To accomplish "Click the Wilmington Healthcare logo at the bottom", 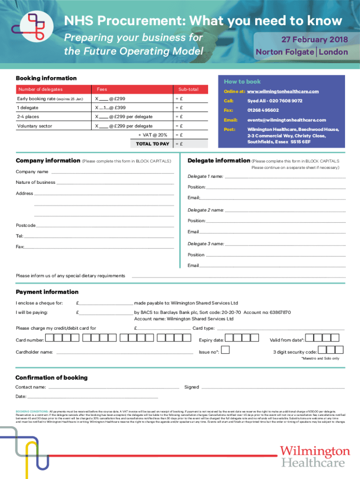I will point(315,456).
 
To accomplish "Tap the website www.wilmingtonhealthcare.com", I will point(283,91).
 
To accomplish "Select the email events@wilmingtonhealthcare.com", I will point(280,120).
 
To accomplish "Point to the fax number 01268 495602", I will point(263,110).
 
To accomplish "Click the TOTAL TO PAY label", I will point(152,144).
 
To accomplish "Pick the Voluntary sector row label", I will point(35,126).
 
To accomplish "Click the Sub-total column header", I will point(187,89).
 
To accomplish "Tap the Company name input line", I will point(112,173).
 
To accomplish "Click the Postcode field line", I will point(105,226).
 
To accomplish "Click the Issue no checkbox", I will point(225,350).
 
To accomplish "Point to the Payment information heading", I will point(47,292).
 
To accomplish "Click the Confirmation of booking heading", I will point(51,377).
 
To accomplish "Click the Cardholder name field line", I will point(124,353).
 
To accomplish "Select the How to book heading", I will point(242,81).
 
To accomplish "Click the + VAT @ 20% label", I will point(152,135).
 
